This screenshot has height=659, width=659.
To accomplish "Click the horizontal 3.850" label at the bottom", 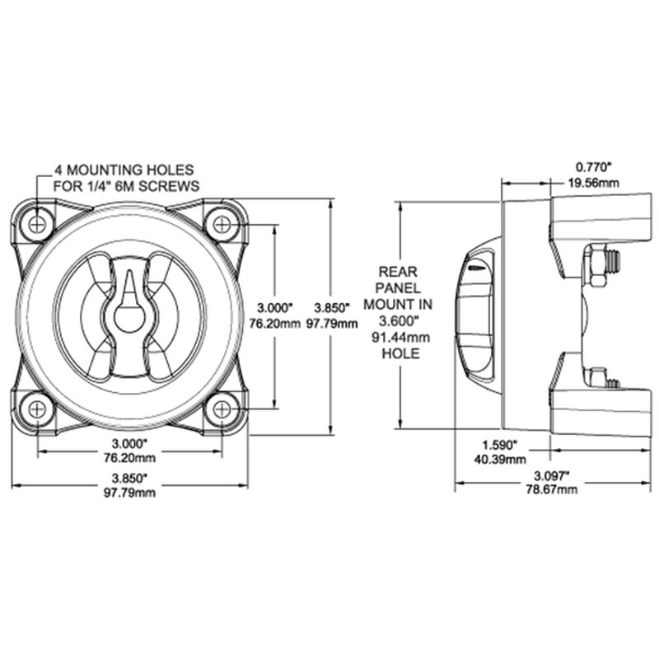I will (x=132, y=479).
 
